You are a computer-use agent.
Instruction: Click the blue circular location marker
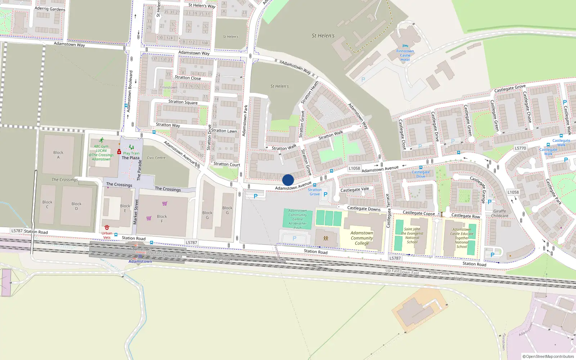288,180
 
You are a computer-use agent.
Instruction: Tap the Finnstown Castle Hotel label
405,55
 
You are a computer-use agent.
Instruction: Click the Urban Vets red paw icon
107,228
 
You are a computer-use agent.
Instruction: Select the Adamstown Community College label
362,238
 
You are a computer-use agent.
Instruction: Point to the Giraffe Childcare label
500,213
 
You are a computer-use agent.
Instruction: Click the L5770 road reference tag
520,148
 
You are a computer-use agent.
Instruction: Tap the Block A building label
58,155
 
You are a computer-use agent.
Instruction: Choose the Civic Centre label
156,158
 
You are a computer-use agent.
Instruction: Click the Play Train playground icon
131,147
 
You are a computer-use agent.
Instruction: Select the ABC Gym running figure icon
102,140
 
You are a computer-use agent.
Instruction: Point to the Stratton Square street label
183,102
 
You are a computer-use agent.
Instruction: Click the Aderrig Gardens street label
50,9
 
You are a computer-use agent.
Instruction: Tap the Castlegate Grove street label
510,88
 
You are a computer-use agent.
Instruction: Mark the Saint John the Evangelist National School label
412,235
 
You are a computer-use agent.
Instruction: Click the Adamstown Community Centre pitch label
298,219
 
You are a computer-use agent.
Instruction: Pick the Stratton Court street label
227,165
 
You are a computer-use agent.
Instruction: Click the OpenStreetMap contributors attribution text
548,356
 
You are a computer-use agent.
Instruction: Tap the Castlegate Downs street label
364,208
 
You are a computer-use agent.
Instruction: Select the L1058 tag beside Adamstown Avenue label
354,168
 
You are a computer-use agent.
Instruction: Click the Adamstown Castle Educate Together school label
462,238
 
